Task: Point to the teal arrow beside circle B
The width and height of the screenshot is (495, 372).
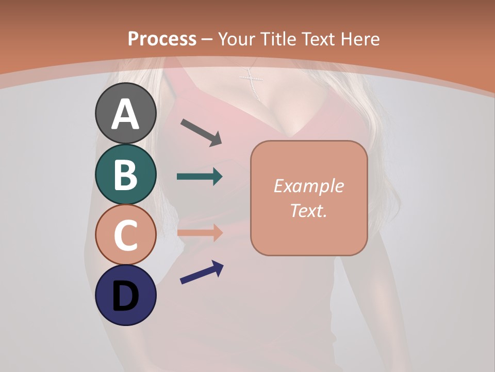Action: (200, 177)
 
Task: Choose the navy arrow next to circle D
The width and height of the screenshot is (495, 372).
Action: (202, 272)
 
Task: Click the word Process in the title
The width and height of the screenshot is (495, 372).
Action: (162, 39)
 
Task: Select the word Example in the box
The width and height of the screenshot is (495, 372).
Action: (309, 186)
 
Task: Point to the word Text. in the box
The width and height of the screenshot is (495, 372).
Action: (309, 210)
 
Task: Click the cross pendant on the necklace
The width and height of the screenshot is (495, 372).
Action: (251, 83)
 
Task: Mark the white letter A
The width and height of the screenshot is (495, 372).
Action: (125, 114)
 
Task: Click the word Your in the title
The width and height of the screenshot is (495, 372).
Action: (236, 39)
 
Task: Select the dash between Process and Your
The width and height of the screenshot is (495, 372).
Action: (207, 39)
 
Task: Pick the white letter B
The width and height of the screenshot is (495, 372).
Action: (125, 175)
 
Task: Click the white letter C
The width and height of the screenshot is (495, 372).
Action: (125, 235)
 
